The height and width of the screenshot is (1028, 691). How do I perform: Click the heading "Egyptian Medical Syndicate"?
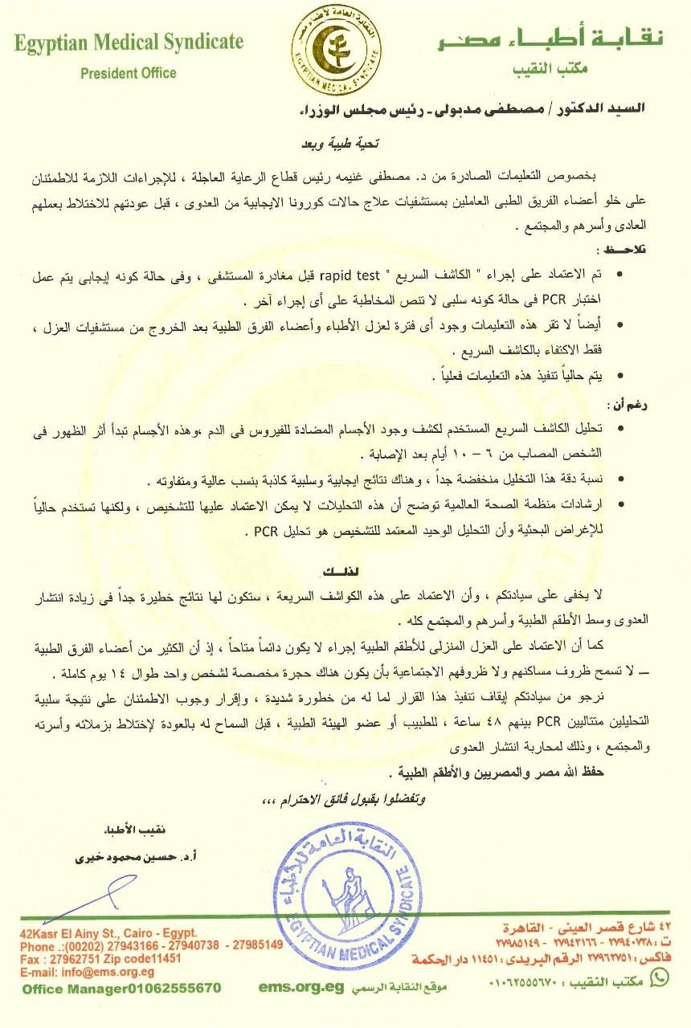(x=129, y=43)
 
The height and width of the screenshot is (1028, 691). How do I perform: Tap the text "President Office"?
(x=129, y=73)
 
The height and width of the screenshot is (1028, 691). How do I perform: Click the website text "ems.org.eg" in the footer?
(x=296, y=987)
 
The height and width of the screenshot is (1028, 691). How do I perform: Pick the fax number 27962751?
(x=76, y=958)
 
